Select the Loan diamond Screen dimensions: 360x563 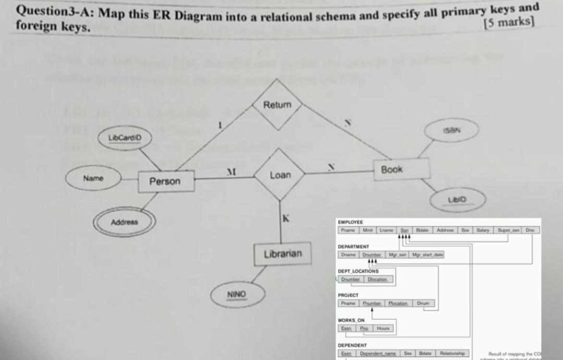(x=280, y=175)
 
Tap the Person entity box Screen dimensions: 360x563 (x=165, y=182)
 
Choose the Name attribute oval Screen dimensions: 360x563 (x=93, y=178)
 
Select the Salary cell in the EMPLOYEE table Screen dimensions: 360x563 (x=483, y=230)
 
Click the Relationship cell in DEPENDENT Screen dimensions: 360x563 (x=451, y=353)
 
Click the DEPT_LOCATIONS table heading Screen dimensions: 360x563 (x=358, y=271)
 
